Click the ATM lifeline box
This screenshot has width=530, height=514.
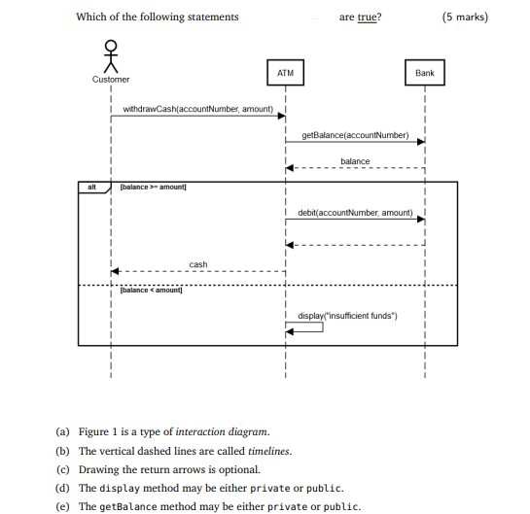tap(285, 73)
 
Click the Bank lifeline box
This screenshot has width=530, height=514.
tap(425, 73)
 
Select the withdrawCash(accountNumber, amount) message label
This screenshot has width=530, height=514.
tap(197, 109)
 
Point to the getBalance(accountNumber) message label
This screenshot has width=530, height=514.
tap(355, 134)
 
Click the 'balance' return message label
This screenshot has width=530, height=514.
tap(355, 160)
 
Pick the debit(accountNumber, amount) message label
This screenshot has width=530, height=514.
tap(355, 212)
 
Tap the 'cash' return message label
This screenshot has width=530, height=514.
tap(197, 264)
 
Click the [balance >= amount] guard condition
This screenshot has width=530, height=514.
tap(153, 187)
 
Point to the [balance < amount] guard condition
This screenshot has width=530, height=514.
tap(151, 291)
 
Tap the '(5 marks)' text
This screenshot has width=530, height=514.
tap(465, 17)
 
